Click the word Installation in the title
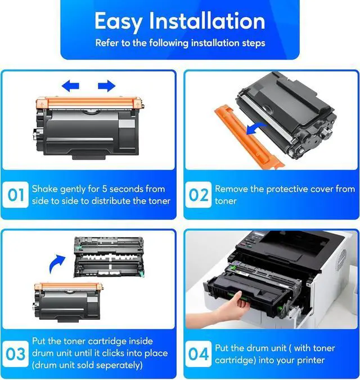pyautogui.click(x=207, y=21)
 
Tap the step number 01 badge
pyautogui.click(x=16, y=195)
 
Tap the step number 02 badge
pyautogui.click(x=199, y=195)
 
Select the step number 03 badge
pyautogui.click(x=16, y=354)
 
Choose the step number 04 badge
pyautogui.click(x=199, y=354)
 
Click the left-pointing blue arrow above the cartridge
pyautogui.click(x=70, y=86)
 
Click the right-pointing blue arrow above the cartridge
pyautogui.click(x=106, y=86)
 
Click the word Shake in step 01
pyautogui.click(x=45, y=189)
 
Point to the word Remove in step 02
pyautogui.click(x=233, y=189)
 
